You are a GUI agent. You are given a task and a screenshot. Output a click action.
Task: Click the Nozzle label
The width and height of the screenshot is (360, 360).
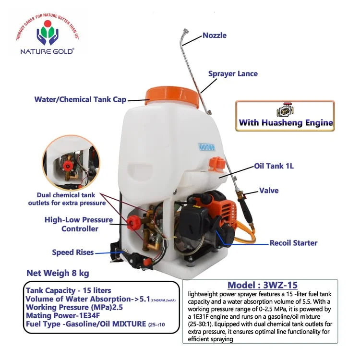[214, 36]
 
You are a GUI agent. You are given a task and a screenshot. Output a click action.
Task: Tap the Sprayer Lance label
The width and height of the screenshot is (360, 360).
[233, 74]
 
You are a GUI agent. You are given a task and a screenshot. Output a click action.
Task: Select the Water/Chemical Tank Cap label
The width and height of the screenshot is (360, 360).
[80, 100]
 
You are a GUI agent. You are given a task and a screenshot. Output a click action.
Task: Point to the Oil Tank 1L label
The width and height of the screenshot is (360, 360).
[274, 167]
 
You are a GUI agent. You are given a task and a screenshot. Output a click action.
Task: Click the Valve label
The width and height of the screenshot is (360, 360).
[269, 191]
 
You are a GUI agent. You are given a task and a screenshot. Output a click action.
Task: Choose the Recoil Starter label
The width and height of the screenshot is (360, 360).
[293, 243]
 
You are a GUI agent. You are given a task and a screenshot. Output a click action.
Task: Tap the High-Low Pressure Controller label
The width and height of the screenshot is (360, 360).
[79, 224]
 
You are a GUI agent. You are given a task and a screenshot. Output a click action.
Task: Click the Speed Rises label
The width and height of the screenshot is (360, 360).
[73, 252]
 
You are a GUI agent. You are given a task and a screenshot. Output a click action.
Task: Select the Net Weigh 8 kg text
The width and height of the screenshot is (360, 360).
[58, 274]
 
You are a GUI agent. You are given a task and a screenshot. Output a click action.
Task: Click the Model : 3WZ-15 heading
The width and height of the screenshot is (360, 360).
[260, 285]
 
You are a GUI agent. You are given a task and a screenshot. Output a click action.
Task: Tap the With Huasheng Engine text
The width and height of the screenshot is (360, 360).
[286, 123]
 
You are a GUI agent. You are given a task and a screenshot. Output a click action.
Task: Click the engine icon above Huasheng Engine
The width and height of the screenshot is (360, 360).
[285, 110]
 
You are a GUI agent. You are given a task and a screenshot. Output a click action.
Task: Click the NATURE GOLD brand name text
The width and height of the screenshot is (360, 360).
[47, 51]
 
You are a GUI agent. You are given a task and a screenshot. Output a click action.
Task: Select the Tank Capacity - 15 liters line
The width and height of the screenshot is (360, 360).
[68, 290]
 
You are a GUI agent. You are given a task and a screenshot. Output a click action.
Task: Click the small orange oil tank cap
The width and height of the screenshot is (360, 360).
[216, 164]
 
